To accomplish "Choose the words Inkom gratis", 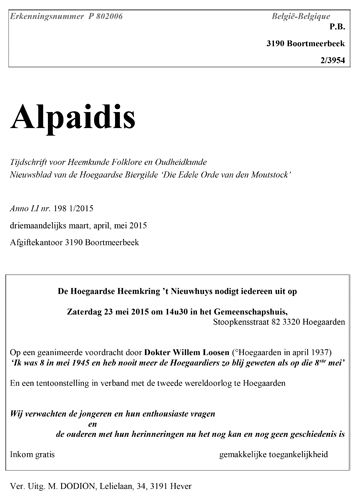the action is pyautogui.click(x=31, y=456).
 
